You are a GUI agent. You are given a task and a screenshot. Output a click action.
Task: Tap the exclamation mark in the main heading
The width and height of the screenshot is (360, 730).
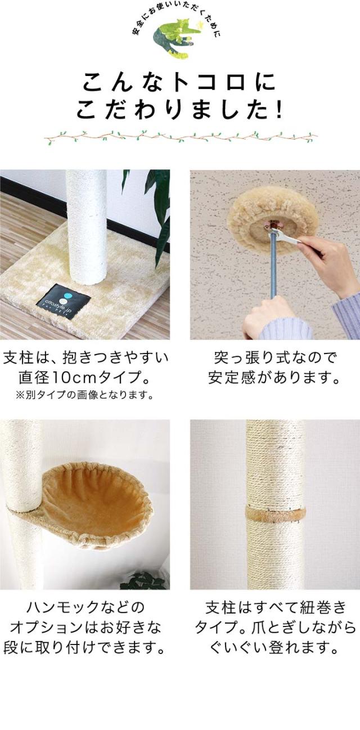pos(278,110)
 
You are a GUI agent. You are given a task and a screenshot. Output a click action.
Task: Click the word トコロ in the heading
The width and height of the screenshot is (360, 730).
pos(209,83)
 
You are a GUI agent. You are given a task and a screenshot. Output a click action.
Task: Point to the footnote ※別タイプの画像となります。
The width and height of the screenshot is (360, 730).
pos(84,395)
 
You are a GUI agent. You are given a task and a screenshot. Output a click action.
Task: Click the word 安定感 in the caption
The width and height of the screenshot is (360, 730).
pos(231,378)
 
